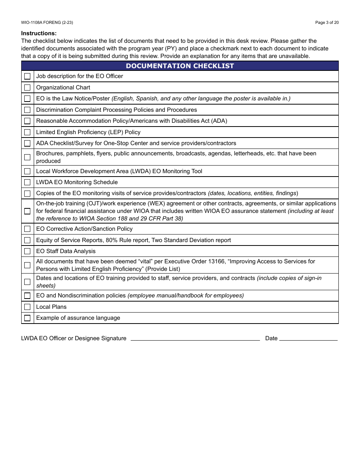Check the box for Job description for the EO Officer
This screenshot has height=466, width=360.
(27, 76)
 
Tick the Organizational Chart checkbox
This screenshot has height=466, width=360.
(27, 88)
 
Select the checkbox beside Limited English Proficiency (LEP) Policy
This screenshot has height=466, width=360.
(27, 132)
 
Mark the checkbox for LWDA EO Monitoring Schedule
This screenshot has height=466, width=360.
(27, 182)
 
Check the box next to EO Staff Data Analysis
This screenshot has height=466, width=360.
(27, 251)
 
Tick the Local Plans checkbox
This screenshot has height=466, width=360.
(27, 307)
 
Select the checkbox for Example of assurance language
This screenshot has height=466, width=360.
(27, 318)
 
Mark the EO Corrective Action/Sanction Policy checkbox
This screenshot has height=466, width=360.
(27, 229)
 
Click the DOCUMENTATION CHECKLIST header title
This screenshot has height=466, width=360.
(180, 66)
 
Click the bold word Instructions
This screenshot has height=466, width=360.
(39, 33)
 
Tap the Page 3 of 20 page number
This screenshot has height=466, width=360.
(327, 22)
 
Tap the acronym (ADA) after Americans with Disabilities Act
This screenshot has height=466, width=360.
(219, 121)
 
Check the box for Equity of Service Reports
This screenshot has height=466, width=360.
(27, 240)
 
